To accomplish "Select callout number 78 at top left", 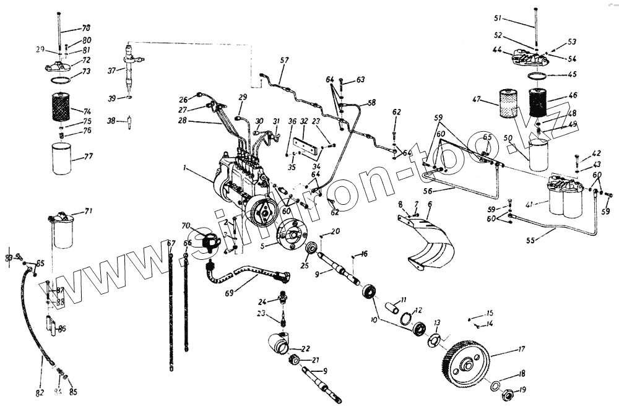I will point(86,28).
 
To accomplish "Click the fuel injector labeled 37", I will point(130,69).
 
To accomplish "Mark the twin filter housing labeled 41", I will point(565,197).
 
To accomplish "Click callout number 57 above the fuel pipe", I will point(284,61).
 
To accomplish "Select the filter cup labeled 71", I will point(63,231).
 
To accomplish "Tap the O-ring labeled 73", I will point(60,81).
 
